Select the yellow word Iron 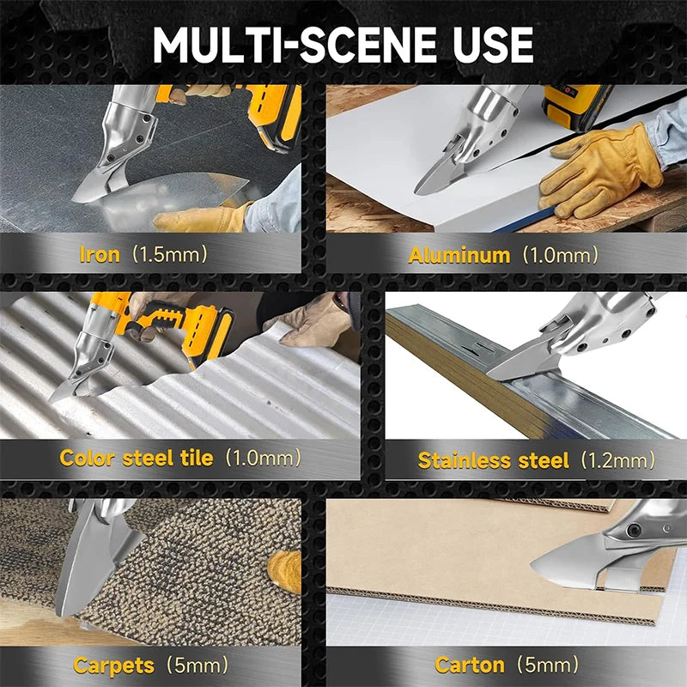coord(100,254)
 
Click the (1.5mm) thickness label coord(169,254)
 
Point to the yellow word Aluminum coord(459,255)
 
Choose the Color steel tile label coord(137,458)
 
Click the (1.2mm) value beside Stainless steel coord(617,460)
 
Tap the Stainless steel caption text coord(493,460)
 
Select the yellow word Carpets coord(114,666)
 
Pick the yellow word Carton coord(469,665)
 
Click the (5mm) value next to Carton coord(548,665)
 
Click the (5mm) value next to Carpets coord(198,665)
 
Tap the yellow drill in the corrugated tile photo coord(175,325)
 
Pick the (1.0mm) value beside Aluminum coord(561,255)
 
